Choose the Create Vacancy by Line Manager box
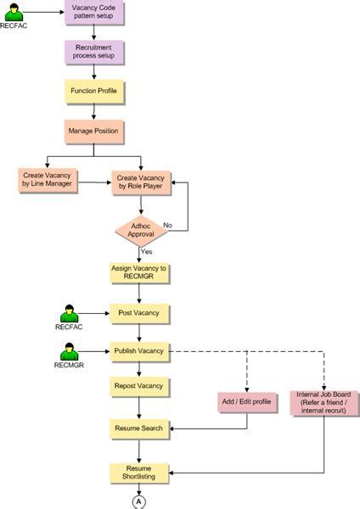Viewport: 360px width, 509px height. point(46,180)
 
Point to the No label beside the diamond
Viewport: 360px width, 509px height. point(167,226)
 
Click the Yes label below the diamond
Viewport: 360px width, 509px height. point(147,252)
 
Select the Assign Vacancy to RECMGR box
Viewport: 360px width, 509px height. point(140,273)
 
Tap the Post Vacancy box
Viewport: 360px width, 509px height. point(140,313)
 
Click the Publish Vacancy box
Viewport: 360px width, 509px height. point(140,350)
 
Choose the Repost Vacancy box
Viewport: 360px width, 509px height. point(140,386)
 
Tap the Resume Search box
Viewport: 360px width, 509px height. point(140,428)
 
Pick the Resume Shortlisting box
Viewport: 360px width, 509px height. point(140,473)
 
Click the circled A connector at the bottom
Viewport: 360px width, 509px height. point(139,501)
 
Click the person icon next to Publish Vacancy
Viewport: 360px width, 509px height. point(70,350)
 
